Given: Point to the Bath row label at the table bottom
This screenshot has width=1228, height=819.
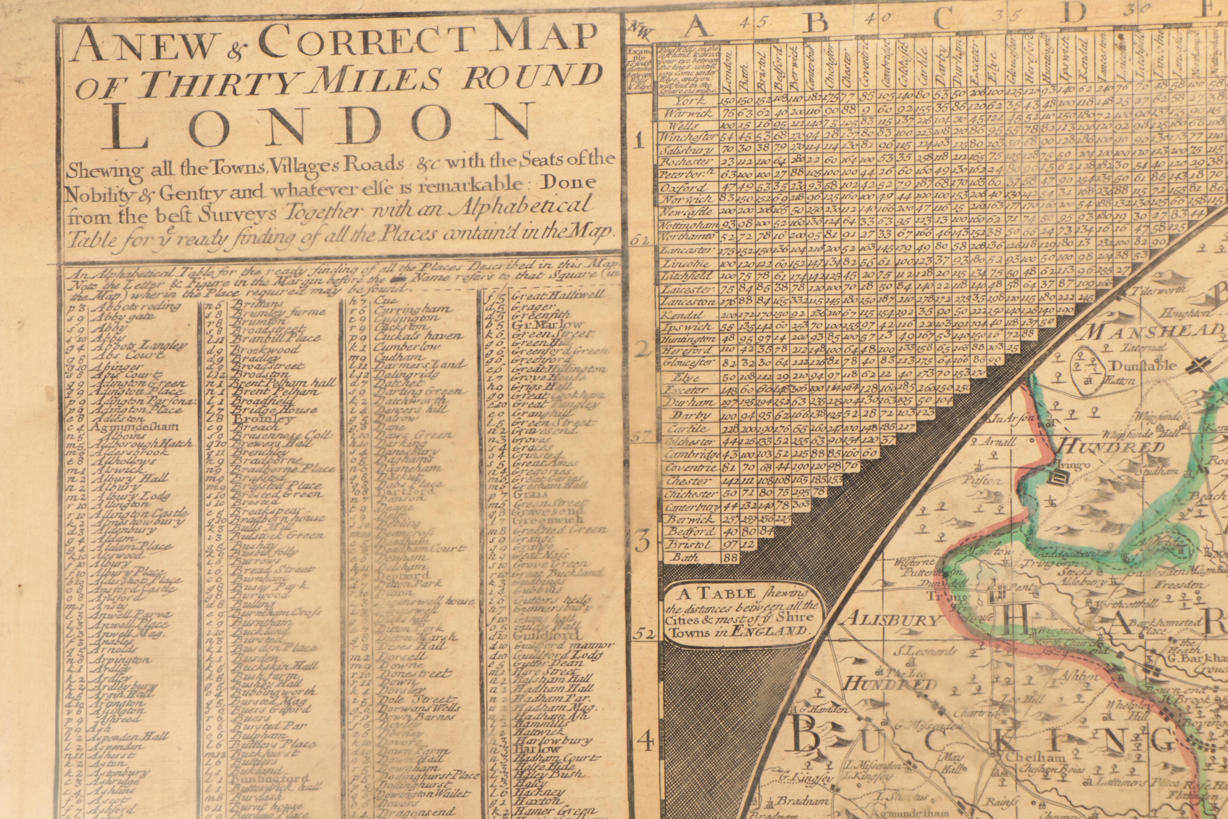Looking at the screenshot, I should point(684,557).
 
